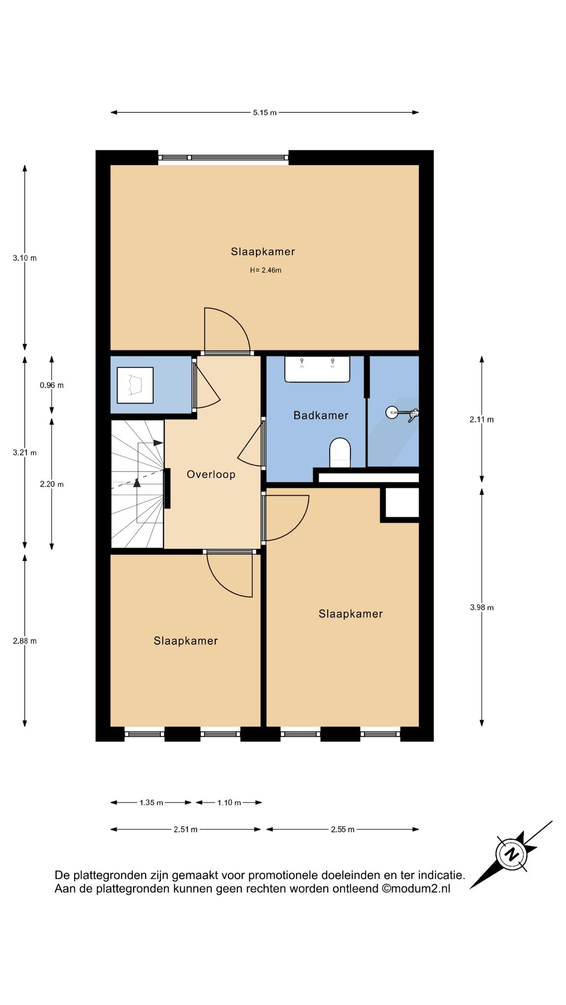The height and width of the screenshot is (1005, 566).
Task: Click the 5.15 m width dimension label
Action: coord(265,112)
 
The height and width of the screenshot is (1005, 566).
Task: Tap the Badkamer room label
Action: coord(321,415)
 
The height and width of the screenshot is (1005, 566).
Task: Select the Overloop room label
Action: coord(211,475)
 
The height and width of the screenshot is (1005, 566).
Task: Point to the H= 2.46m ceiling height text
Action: coord(265,270)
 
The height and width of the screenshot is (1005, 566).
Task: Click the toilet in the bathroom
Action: coord(340,452)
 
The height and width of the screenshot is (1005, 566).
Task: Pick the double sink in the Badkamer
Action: coord(317,369)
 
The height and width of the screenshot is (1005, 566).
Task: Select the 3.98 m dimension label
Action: coord(481,607)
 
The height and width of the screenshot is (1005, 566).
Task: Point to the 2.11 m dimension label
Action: coord(481,419)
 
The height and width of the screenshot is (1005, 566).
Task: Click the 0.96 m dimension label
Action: coord(52,385)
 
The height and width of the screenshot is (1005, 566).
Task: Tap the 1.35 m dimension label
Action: coord(151,802)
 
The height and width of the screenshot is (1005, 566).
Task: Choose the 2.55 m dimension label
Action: coord(342,829)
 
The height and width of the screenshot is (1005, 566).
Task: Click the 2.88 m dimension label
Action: coord(25,641)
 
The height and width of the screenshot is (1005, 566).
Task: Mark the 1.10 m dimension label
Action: coord(229,802)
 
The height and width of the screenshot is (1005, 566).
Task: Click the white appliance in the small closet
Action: coord(135,385)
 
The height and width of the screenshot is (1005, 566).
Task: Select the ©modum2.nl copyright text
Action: coord(416,889)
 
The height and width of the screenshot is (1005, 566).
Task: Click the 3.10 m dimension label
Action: coord(25,258)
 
